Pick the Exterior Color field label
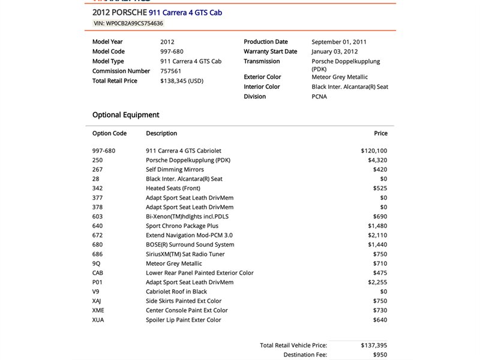tap(262, 77)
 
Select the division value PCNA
tap(320, 97)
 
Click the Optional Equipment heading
tap(125, 115)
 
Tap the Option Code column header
tap(109, 133)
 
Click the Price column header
tap(380, 133)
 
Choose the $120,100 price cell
tap(374, 151)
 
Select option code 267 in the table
tap(98, 170)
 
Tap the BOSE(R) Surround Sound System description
tap(190, 245)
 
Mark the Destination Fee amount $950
tap(379, 355)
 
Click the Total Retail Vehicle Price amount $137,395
tap(374, 346)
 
